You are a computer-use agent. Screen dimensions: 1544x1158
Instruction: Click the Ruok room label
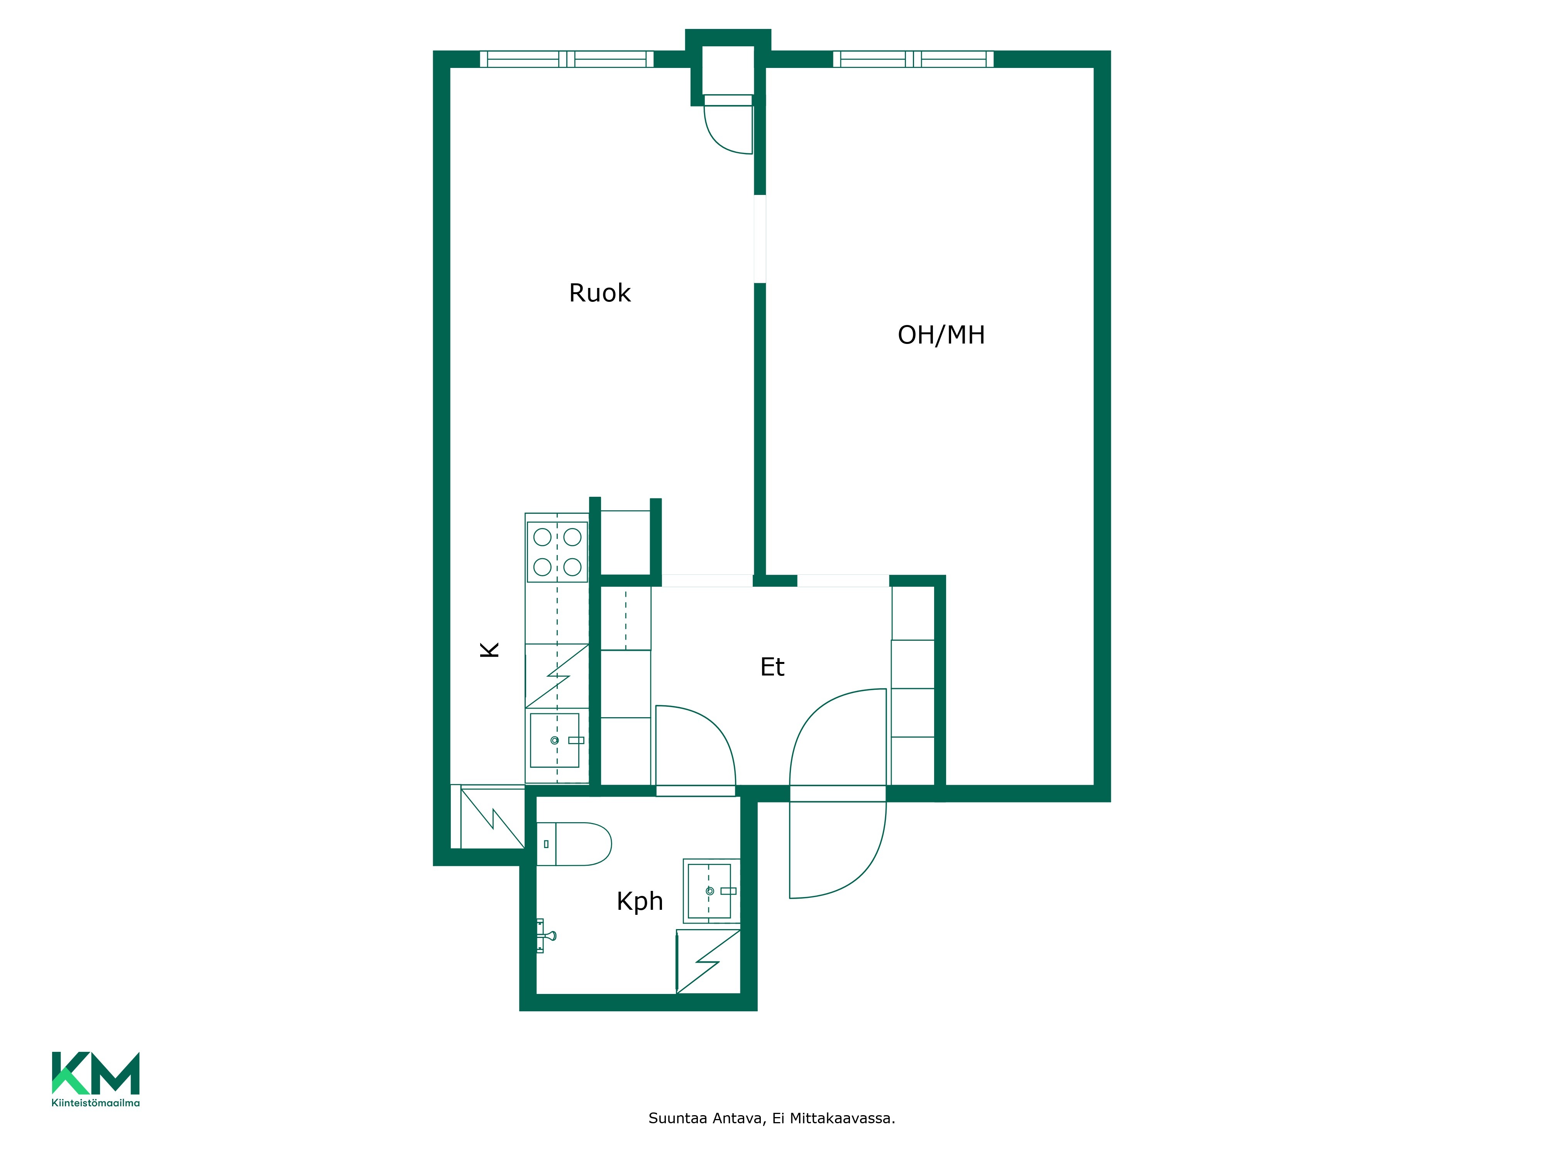tap(599, 293)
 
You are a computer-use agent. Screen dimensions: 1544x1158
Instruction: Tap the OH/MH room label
tap(941, 335)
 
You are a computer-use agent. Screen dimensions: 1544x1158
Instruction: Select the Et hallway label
tap(772, 667)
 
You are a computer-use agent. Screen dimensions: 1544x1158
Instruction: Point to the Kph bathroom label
tap(639, 902)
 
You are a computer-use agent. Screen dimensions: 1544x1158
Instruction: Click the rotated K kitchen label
tap(489, 650)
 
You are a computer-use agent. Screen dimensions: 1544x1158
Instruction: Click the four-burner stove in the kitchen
tap(557, 552)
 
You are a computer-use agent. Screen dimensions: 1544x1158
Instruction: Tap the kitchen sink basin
tap(555, 740)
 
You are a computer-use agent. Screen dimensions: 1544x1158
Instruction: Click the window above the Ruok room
tap(567, 59)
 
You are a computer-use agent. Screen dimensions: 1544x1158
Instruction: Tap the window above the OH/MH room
tap(913, 59)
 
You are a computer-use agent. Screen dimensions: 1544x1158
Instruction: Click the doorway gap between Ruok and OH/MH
tap(760, 239)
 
